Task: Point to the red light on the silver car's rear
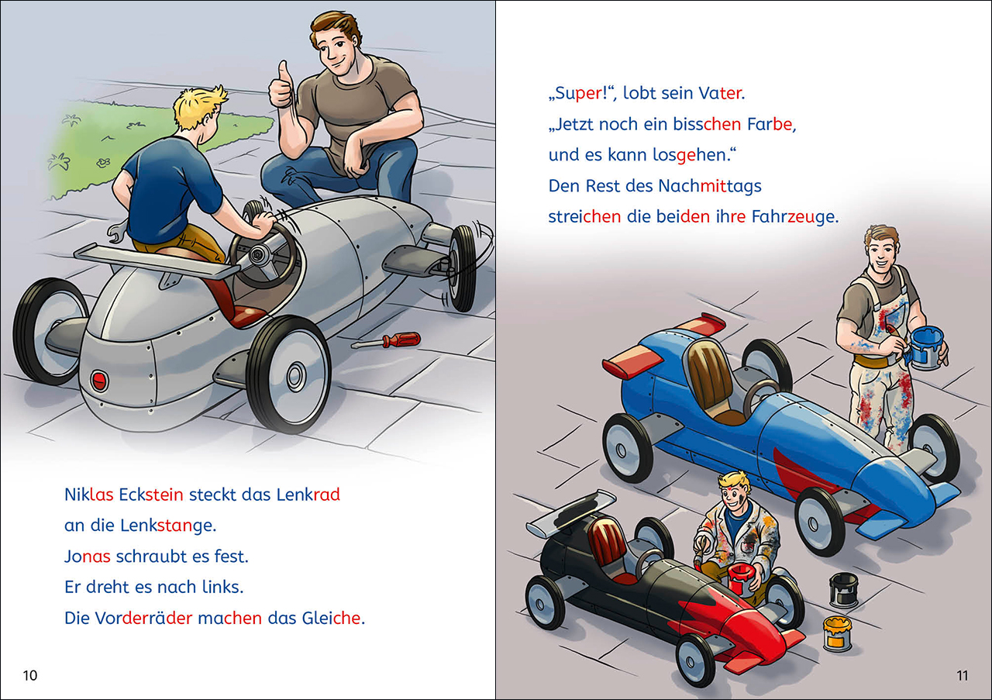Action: point(98,380)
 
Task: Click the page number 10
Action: point(29,675)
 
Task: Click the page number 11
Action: point(962,675)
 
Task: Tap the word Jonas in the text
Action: point(88,557)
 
